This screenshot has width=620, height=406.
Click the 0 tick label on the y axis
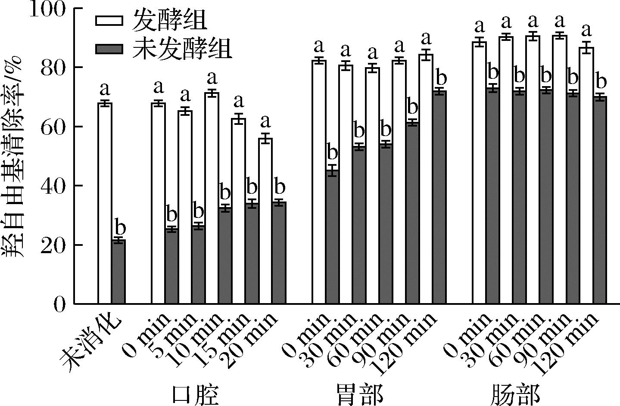coord(61,304)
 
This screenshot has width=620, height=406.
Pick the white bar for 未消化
coord(105,203)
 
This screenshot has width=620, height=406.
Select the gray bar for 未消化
coord(118,272)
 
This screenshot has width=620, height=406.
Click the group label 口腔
coord(195,393)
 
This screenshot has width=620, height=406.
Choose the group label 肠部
coord(515,393)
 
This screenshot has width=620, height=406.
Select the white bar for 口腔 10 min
coord(212,198)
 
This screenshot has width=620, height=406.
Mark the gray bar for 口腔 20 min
coord(279,253)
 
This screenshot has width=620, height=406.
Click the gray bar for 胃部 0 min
coord(332,237)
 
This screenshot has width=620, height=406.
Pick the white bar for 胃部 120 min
coord(426,180)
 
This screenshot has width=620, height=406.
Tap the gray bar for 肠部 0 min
coord(492,196)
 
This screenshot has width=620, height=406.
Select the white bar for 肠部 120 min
coord(586,176)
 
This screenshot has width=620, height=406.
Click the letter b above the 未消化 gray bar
coord(118,227)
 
